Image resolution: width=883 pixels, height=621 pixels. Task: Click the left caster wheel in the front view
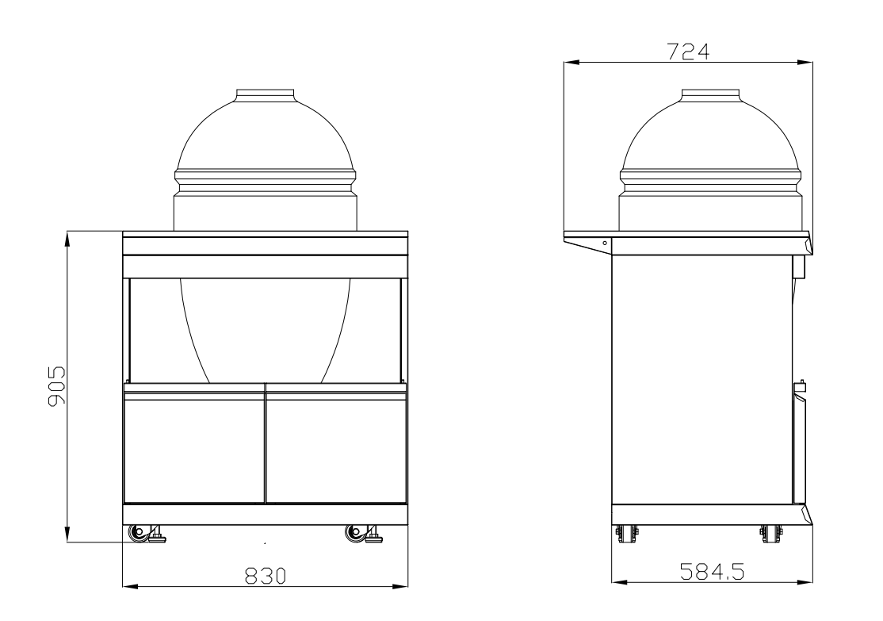pyautogui.click(x=140, y=533)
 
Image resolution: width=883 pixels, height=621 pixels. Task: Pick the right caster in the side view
pyautogui.click(x=768, y=533)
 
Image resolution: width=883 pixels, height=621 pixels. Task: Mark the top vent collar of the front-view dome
pyautogui.click(x=266, y=94)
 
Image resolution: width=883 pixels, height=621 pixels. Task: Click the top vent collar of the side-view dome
pyautogui.click(x=711, y=94)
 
